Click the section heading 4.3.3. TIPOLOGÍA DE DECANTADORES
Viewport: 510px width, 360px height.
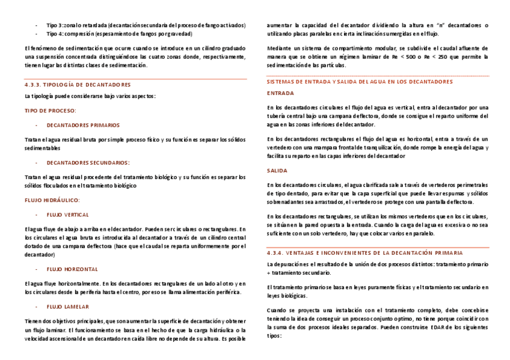point(77,85)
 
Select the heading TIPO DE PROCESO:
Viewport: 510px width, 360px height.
point(50,111)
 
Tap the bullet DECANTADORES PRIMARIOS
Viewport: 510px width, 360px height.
point(83,126)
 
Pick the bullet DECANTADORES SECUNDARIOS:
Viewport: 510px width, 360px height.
point(88,162)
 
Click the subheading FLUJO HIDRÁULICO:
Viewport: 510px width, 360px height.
point(52,200)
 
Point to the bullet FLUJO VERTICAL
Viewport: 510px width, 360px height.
point(67,215)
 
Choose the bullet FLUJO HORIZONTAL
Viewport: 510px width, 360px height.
point(72,269)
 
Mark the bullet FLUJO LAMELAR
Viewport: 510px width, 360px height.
point(67,307)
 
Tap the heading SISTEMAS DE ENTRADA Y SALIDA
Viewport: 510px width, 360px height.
point(359,81)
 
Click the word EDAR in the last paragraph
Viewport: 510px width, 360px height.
point(421,328)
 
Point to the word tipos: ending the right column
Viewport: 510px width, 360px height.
point(274,336)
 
